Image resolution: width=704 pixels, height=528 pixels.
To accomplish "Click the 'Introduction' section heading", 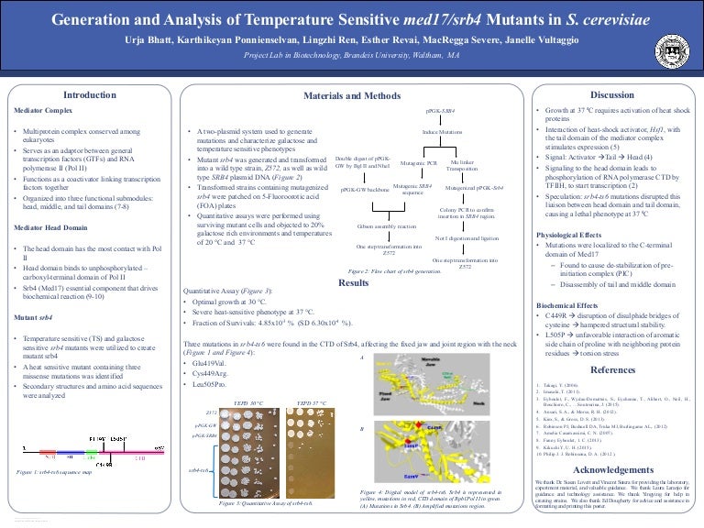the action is pos(88,94).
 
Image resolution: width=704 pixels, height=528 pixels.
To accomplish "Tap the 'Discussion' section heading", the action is pos(611,94).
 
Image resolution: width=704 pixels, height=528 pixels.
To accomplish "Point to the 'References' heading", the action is pos(612,369).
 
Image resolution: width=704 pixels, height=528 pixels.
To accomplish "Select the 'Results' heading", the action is pos(353,283).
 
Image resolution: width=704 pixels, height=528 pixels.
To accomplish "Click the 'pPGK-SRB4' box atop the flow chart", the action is pos(440,109).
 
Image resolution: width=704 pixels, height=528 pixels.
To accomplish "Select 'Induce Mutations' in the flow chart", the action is pos(442,132).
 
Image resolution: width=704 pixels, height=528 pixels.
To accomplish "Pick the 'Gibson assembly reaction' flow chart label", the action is pos(387,224).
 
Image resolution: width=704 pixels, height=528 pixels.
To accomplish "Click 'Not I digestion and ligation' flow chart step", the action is pos(467,237).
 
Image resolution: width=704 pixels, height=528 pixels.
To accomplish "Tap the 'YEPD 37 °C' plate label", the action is pos(312,402).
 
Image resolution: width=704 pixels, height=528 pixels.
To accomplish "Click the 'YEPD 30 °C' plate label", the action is pos(247,402).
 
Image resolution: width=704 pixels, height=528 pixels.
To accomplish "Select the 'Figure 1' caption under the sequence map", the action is pos(55,472).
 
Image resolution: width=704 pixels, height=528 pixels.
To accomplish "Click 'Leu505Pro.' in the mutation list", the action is pos(205,386).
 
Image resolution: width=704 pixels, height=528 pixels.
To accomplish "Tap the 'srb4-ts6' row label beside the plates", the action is pos(199,469).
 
